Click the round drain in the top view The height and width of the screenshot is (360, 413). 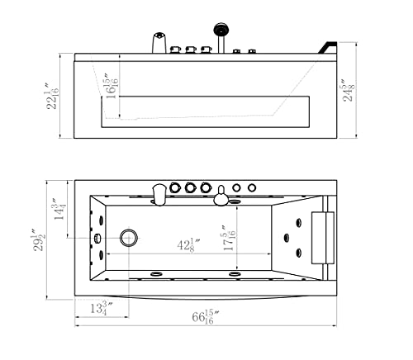(128, 239)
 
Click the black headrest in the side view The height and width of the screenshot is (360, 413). (330, 46)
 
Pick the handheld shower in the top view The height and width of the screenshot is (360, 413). (221, 196)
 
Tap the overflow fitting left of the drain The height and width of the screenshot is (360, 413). (97, 239)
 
